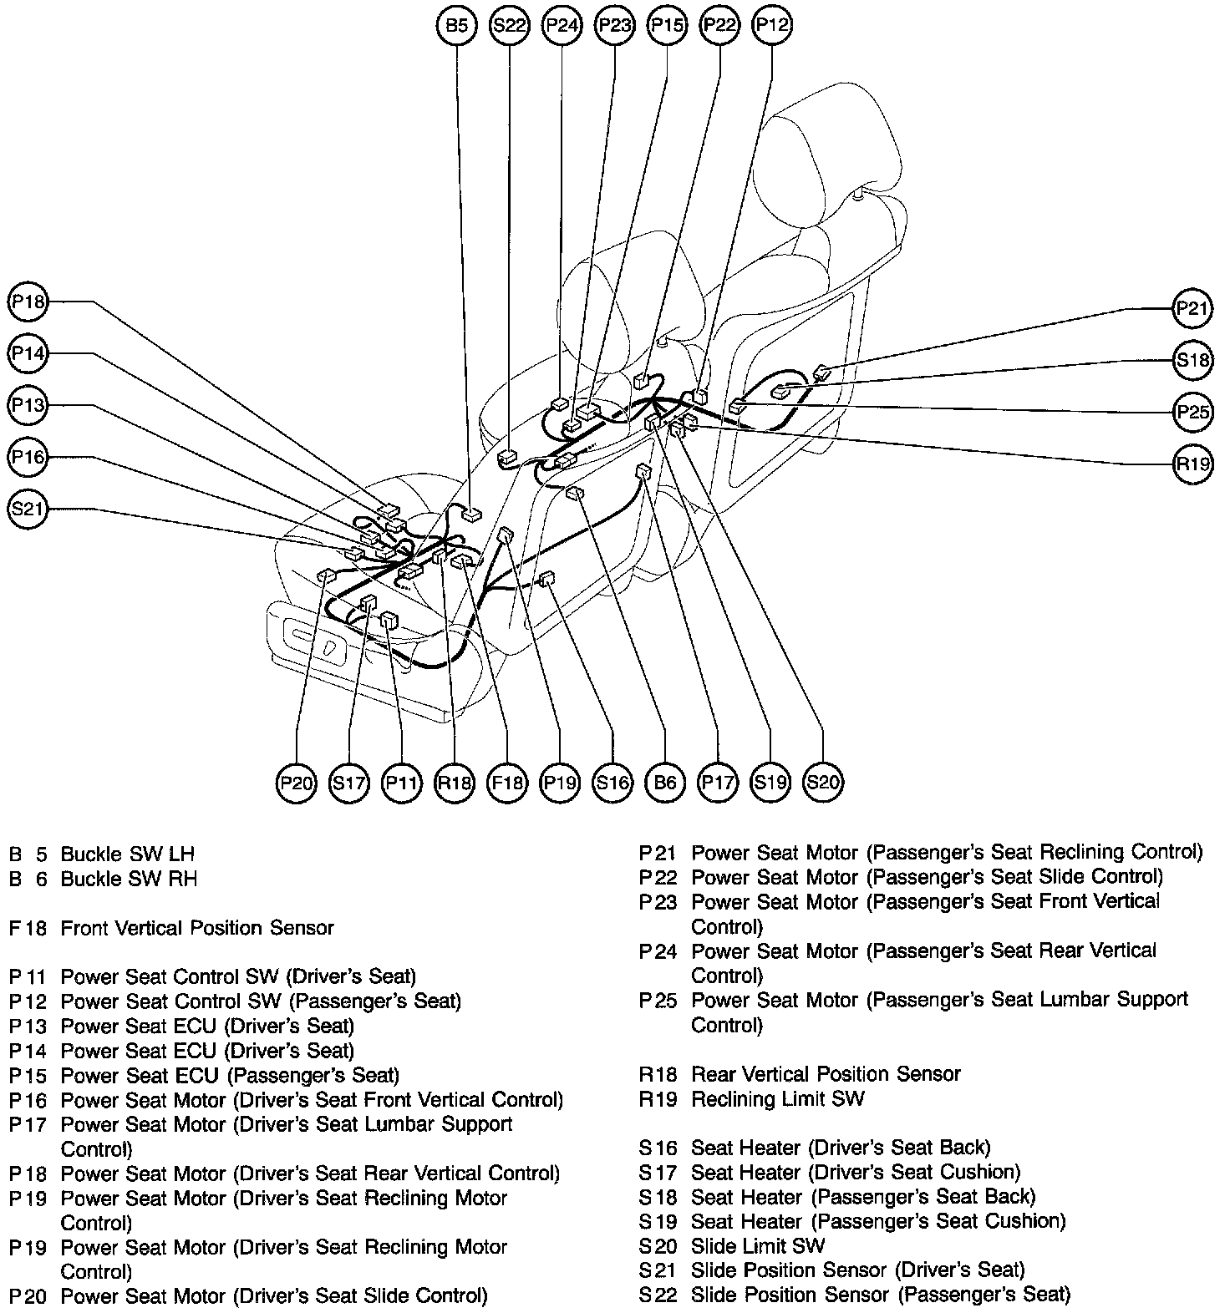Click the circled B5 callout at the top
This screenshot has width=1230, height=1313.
coord(456,26)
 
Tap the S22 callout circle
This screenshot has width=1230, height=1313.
coord(509,26)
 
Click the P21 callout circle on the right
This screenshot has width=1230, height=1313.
coord(1192,309)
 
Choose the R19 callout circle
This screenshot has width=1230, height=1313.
coord(1192,464)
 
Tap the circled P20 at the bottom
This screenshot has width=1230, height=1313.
coord(297,783)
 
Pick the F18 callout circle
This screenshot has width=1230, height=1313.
coord(507,783)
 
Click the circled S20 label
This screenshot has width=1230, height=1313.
coord(823,783)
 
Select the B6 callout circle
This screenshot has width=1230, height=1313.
coord(665,783)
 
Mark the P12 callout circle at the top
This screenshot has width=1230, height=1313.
coord(772,26)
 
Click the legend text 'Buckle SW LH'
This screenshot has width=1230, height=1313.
coord(128,854)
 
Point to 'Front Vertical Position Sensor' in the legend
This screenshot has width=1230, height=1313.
coord(197,928)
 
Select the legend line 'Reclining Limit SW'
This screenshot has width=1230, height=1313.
coord(777,1099)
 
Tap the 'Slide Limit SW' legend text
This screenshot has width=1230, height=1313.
coord(757,1246)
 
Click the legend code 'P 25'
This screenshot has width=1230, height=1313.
coord(658,1001)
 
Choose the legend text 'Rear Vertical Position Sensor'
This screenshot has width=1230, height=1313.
coord(826,1074)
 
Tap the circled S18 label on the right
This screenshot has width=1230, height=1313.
coord(1192,361)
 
